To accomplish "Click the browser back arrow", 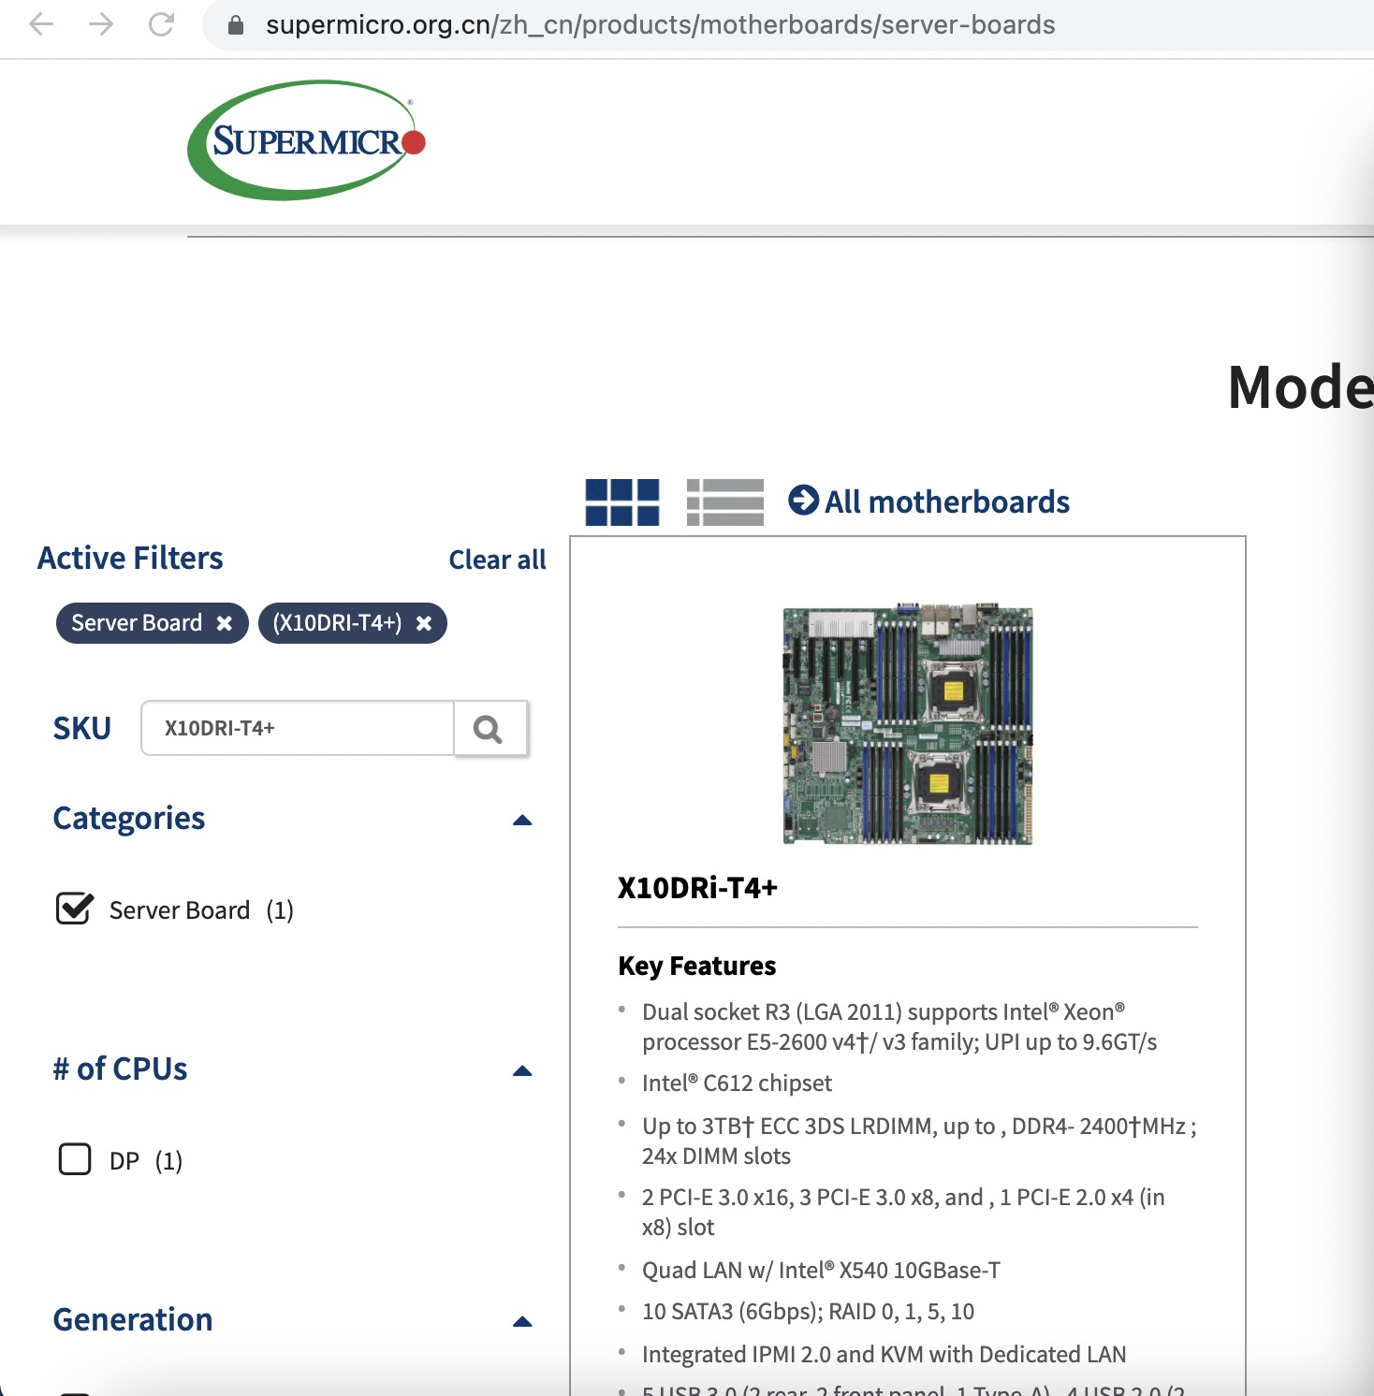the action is tap(41, 24).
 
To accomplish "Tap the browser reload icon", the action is tap(161, 24).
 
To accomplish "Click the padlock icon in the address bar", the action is tap(236, 25).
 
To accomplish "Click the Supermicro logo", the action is tap(307, 140).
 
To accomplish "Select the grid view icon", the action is tap(622, 502).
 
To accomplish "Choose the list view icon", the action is tap(724, 502).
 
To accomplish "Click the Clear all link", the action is tap(497, 560).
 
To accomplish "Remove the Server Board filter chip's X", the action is tap(225, 623).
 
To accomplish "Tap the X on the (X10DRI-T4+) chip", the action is tap(424, 623).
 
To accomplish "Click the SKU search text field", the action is tap(298, 728).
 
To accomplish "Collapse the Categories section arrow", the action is tap(522, 821).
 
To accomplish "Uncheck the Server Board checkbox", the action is tap(74, 909).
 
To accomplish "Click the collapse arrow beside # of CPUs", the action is tap(522, 1071).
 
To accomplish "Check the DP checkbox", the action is tap(75, 1159).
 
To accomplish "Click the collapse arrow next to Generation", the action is tap(522, 1322).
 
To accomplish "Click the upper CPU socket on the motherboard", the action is tap(953, 691).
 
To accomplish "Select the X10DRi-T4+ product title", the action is tap(697, 888).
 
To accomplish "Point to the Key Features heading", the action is tap(697, 966).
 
